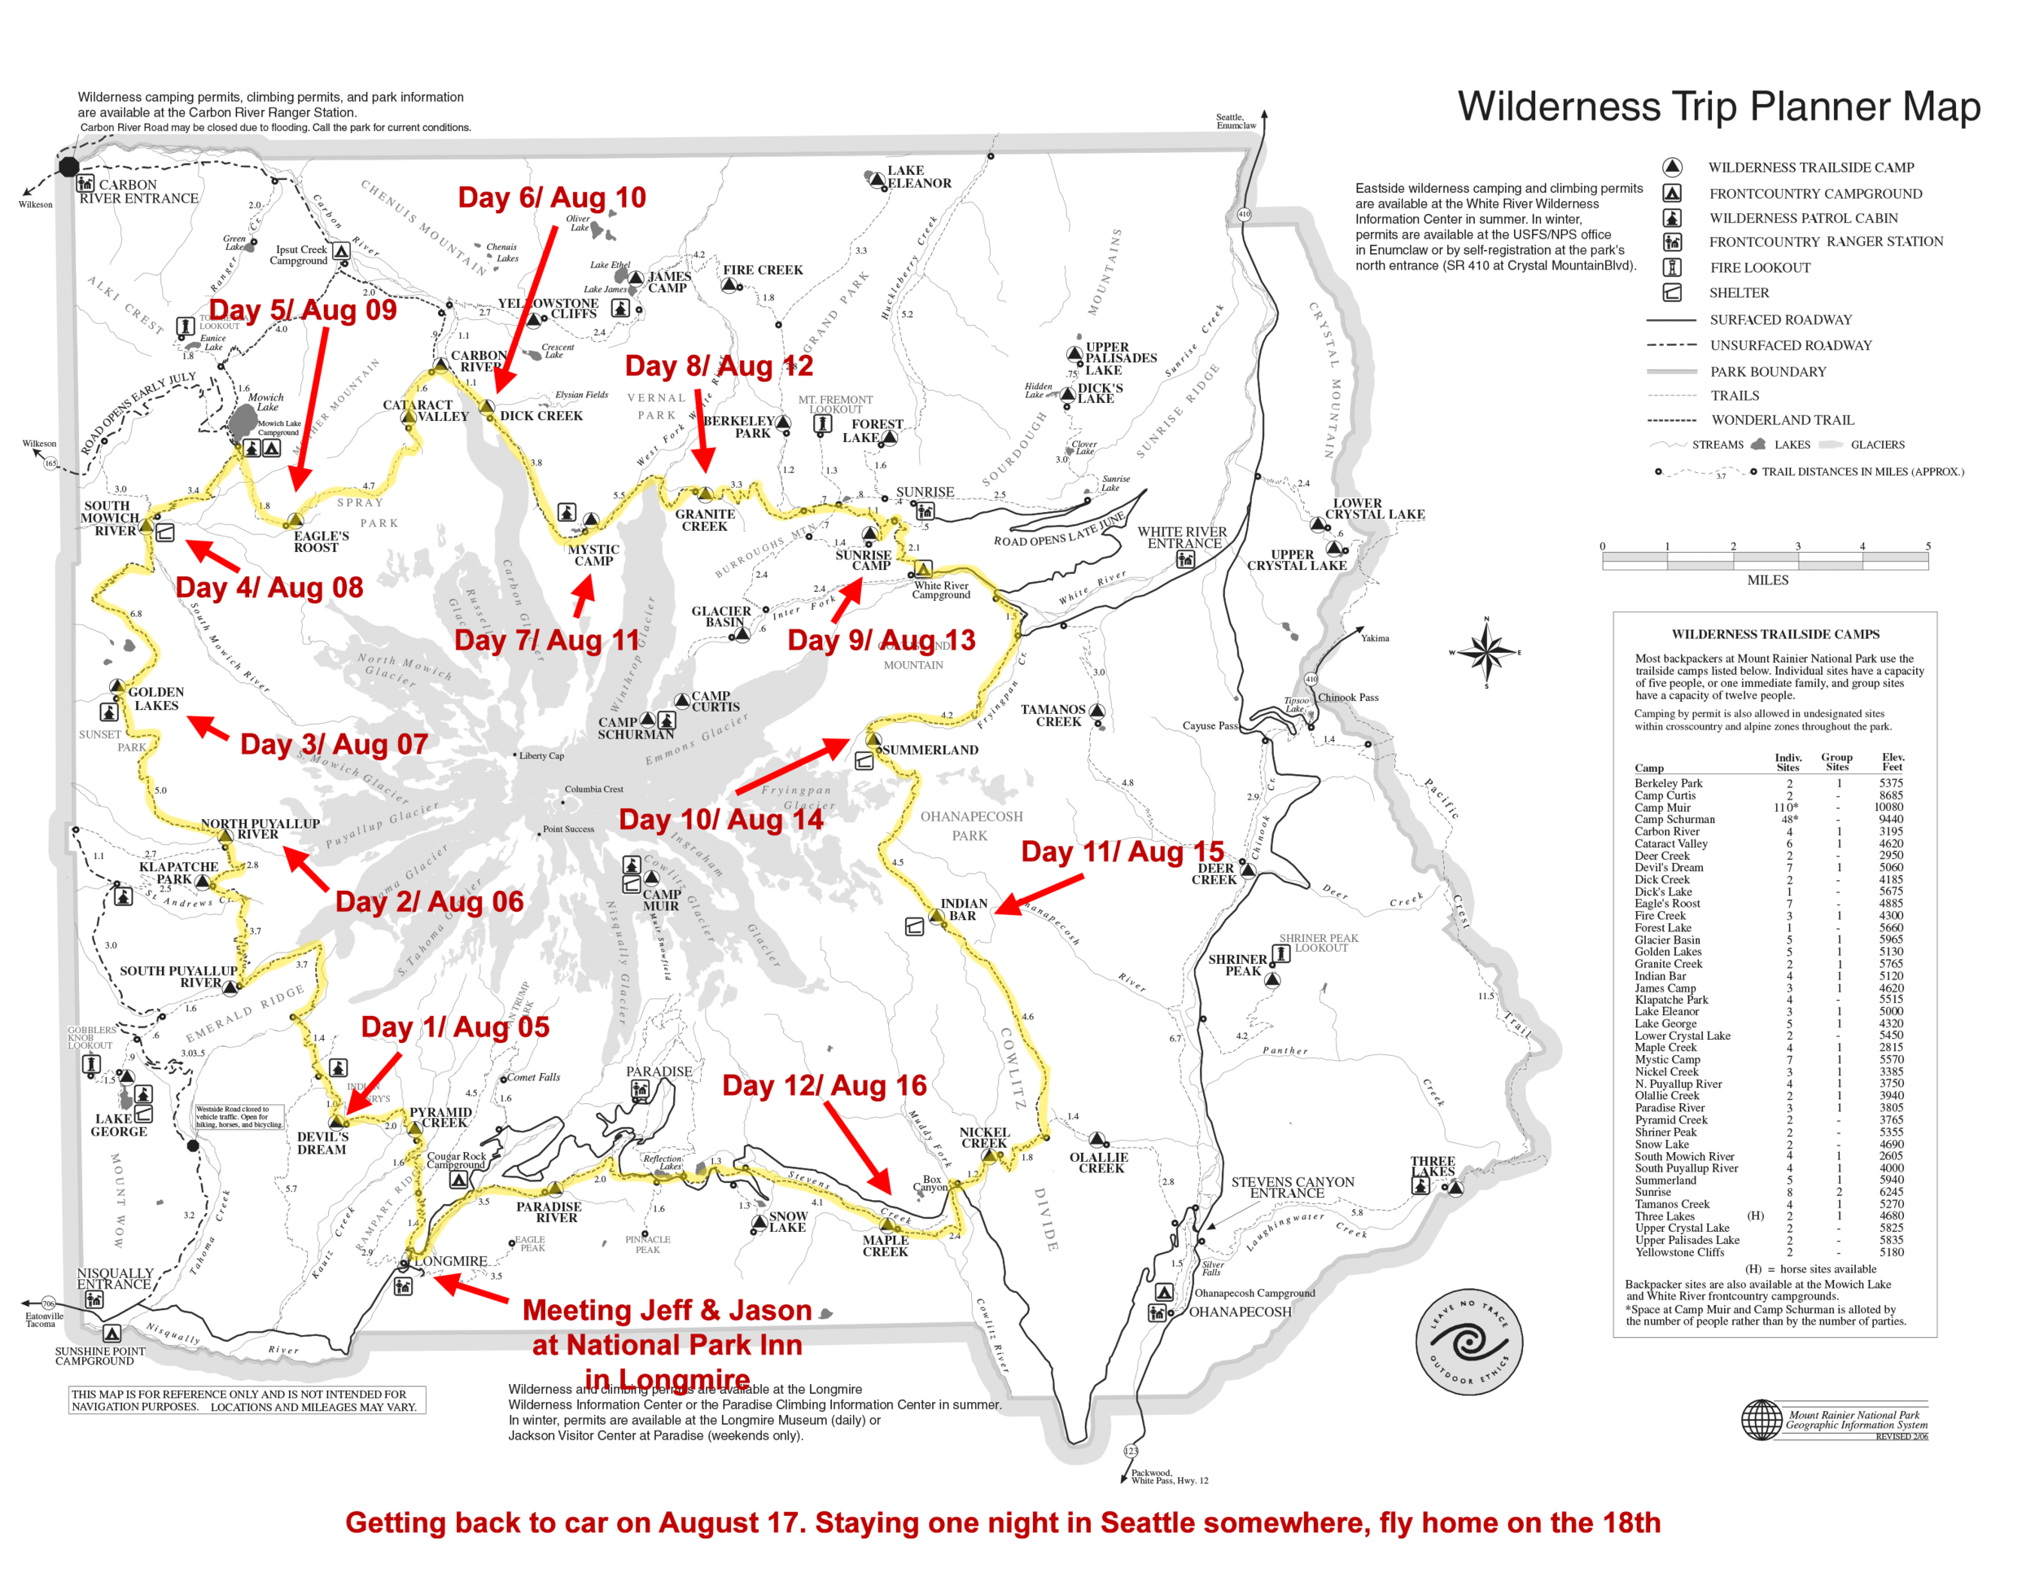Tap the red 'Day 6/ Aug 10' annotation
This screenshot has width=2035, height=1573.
(x=552, y=198)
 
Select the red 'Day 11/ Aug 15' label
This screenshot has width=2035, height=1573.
(x=1122, y=852)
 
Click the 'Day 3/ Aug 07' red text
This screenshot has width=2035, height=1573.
(x=334, y=744)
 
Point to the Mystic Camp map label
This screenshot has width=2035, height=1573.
(x=593, y=555)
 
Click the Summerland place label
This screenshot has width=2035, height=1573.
(x=930, y=750)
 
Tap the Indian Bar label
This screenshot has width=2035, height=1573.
(x=964, y=909)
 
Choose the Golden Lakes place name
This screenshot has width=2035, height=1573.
(x=155, y=699)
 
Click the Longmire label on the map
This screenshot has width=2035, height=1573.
(x=451, y=1262)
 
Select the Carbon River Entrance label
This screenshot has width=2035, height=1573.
(x=139, y=192)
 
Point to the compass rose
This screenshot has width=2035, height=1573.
(x=1486, y=651)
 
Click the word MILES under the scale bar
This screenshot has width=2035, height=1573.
(x=1767, y=580)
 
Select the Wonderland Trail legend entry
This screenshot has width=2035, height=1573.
(x=1783, y=420)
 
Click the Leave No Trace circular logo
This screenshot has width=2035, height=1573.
(x=1468, y=1343)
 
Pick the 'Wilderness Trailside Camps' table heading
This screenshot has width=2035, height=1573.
(x=1775, y=634)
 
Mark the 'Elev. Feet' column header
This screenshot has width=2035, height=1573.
(x=1893, y=762)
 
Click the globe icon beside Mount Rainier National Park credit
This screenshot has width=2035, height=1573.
(x=1762, y=1419)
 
